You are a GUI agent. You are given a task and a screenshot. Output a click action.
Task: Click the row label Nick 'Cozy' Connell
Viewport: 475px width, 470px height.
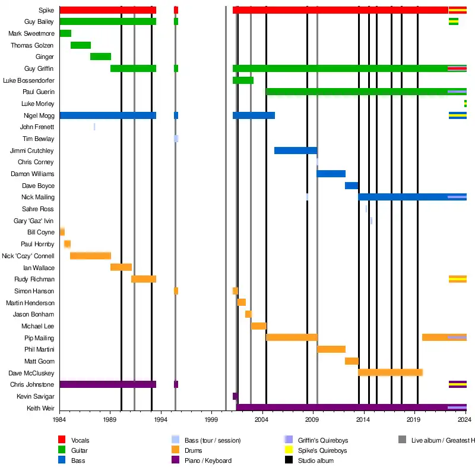pyautogui.click(x=28, y=256)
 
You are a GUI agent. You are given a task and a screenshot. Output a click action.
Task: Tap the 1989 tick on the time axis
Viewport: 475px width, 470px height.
pyautogui.click(x=110, y=419)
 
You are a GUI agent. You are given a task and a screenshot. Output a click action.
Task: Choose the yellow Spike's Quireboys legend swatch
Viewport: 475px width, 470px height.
pyautogui.click(x=288, y=450)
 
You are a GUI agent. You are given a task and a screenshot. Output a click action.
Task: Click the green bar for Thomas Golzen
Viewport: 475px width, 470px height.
pyautogui.click(x=81, y=45)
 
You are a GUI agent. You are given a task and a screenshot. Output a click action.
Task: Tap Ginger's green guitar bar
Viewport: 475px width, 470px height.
pyautogui.click(x=100, y=57)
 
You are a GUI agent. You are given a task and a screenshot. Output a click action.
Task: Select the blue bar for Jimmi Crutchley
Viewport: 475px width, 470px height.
pyautogui.click(x=295, y=151)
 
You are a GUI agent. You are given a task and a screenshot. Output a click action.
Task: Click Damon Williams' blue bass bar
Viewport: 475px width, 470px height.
pyautogui.click(x=331, y=174)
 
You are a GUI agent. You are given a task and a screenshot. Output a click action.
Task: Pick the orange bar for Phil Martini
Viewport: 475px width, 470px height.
pyautogui.click(x=331, y=349)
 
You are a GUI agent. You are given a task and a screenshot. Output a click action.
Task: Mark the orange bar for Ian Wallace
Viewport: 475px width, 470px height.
pyautogui.click(x=121, y=267)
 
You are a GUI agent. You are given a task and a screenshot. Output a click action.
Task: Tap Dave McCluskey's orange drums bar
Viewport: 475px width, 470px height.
pyautogui.click(x=390, y=372)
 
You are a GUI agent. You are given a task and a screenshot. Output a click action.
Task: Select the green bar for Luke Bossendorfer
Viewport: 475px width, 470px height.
pyautogui.click(x=243, y=80)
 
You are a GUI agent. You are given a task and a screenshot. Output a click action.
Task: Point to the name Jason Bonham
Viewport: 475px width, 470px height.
pyautogui.click(x=34, y=314)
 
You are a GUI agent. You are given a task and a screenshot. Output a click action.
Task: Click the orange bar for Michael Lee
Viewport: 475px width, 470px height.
pyautogui.click(x=258, y=326)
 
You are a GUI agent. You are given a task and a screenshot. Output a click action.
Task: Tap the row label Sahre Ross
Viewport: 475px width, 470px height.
pyautogui.click(x=38, y=209)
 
